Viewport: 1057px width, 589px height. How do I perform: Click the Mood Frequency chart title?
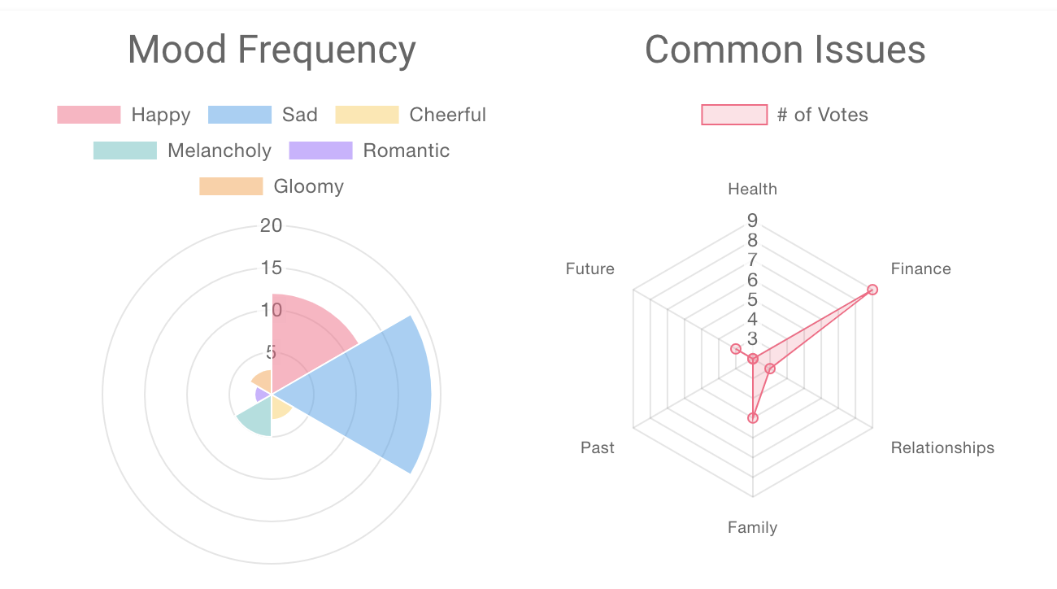tap(272, 50)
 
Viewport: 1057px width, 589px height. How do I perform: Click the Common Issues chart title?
tap(785, 50)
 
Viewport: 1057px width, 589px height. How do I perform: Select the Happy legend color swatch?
tap(89, 115)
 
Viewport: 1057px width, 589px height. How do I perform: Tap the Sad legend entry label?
tap(299, 115)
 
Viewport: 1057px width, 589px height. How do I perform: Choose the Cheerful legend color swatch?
tap(368, 115)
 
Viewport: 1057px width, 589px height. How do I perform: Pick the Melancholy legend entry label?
tap(220, 151)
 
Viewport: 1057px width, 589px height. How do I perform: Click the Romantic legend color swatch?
tap(320, 151)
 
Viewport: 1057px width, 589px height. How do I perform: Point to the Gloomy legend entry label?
tap(308, 186)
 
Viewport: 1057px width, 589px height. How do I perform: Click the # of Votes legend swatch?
tap(734, 115)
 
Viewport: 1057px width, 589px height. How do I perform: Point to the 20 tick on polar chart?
tap(271, 225)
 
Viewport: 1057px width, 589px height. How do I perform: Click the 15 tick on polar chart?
tap(271, 268)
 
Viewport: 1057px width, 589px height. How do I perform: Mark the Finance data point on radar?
tap(872, 289)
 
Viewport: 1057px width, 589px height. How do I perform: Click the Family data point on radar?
tap(753, 418)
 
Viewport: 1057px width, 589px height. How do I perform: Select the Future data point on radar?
tap(736, 349)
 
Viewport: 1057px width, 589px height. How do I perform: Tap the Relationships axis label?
tap(942, 447)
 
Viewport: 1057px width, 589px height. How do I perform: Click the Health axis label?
tap(752, 190)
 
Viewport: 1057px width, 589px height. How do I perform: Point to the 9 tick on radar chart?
tap(752, 220)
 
